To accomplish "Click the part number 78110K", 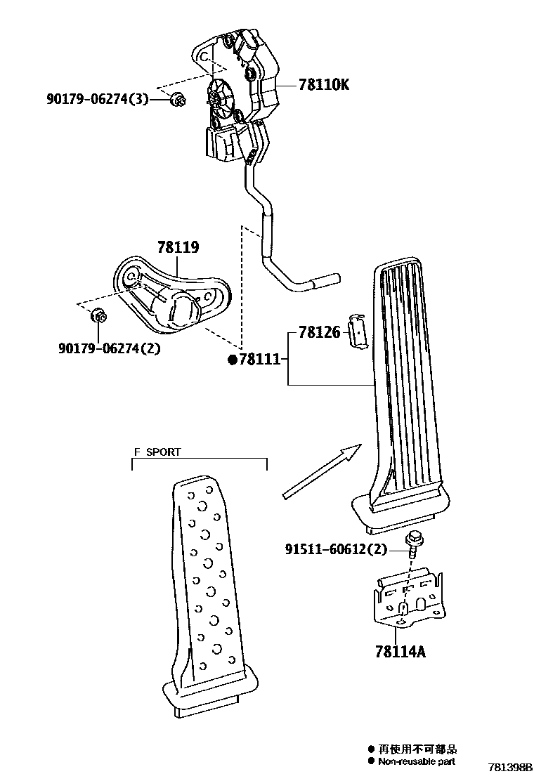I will point(323,86).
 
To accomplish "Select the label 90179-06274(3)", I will point(98,100).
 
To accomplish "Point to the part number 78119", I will point(178,247).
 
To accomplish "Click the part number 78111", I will point(259,360).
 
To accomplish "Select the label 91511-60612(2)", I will point(336,549).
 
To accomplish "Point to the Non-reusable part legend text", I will point(416,761).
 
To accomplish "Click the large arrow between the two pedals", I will point(321,472).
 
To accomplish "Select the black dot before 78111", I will point(233,360).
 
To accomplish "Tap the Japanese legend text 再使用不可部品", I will point(417,749).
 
